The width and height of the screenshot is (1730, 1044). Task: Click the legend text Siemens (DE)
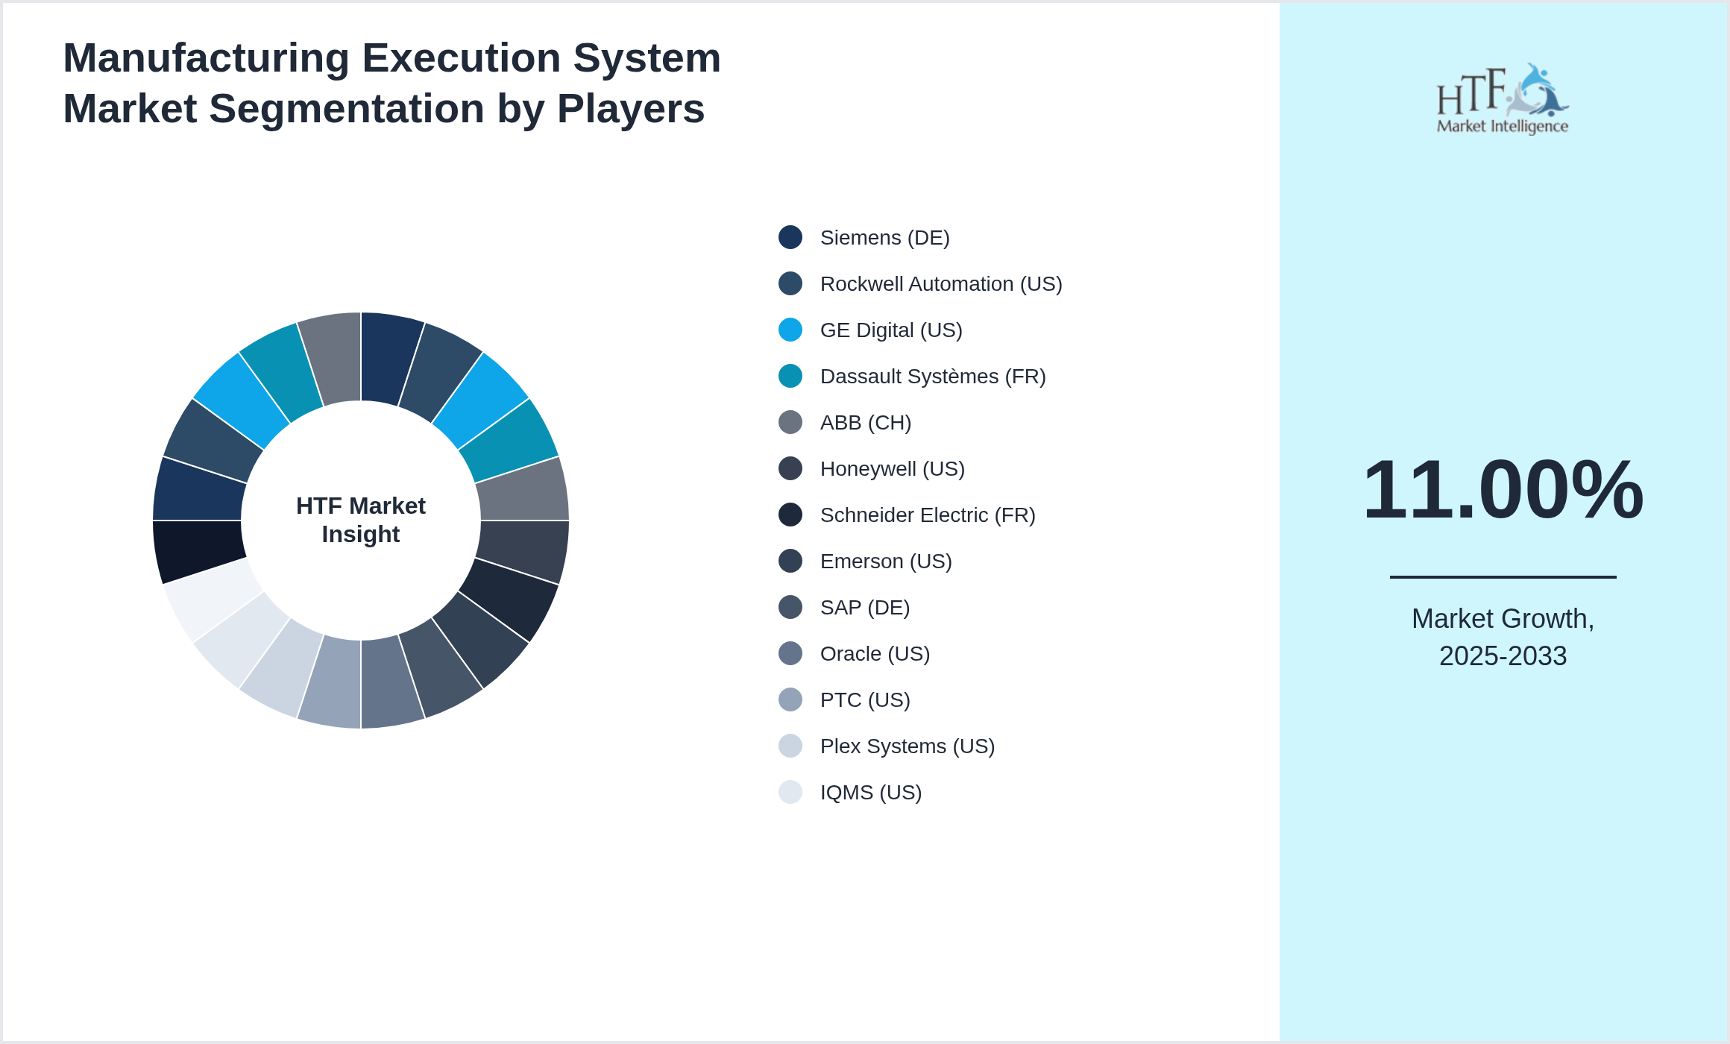[x=884, y=238]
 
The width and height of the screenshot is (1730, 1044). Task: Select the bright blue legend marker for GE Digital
[x=790, y=330]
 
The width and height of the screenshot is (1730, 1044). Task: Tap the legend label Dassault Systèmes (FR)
[x=932, y=377]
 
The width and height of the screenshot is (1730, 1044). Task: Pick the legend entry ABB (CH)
[x=865, y=423]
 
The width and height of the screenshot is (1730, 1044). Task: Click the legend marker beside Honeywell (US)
[x=790, y=468]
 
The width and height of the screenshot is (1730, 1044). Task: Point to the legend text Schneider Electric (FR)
[x=927, y=515]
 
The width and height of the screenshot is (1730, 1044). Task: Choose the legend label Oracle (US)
[x=875, y=654]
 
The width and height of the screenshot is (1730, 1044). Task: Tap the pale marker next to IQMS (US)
[x=790, y=792]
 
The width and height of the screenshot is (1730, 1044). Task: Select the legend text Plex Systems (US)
[x=907, y=746]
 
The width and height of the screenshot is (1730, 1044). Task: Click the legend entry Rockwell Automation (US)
[x=940, y=284]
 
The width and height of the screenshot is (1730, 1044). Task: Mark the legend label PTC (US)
[x=865, y=700]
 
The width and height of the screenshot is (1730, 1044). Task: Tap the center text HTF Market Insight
[x=361, y=520]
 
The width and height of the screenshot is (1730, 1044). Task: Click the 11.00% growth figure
[x=1503, y=490]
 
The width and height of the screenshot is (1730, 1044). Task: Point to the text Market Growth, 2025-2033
[x=1503, y=637]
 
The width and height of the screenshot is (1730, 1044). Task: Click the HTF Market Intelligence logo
[x=1503, y=99]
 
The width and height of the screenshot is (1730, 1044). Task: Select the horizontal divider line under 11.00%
[x=1503, y=576]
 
